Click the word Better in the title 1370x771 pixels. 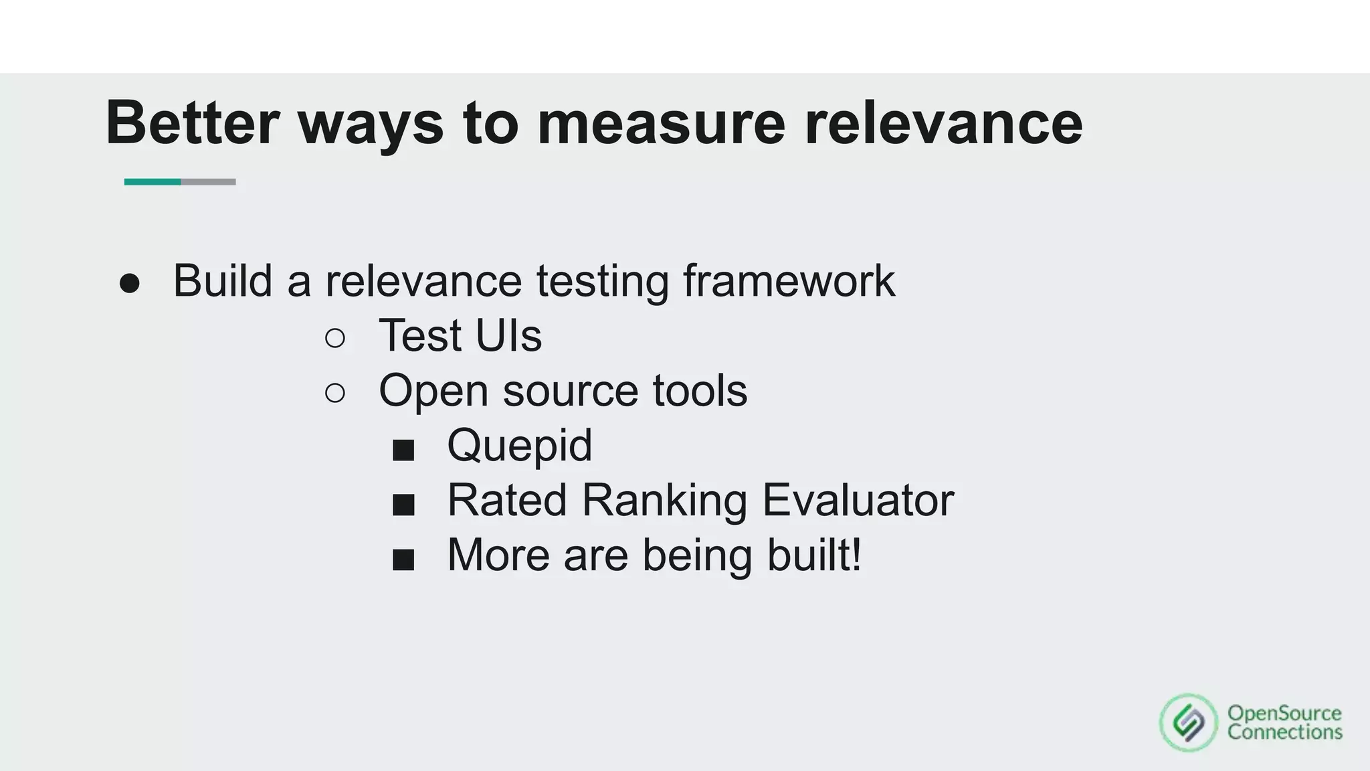click(x=192, y=122)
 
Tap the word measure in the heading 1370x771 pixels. click(x=661, y=122)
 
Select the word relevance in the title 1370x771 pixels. click(x=943, y=122)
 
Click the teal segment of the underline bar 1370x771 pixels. click(x=153, y=182)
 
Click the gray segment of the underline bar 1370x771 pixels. click(x=208, y=182)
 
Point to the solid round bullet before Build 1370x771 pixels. click(x=130, y=284)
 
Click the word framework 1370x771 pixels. click(x=789, y=280)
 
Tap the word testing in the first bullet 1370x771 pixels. click(x=602, y=280)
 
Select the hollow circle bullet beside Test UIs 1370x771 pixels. click(x=335, y=338)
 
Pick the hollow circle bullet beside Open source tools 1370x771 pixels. click(x=335, y=393)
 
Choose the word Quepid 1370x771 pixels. click(x=519, y=445)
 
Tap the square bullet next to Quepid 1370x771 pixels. click(x=403, y=450)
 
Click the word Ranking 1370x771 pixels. click(x=664, y=500)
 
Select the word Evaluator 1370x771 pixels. click(x=858, y=500)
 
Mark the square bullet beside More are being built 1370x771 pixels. click(x=403, y=560)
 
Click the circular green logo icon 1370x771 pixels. click(x=1189, y=723)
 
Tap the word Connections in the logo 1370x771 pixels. click(x=1284, y=732)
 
